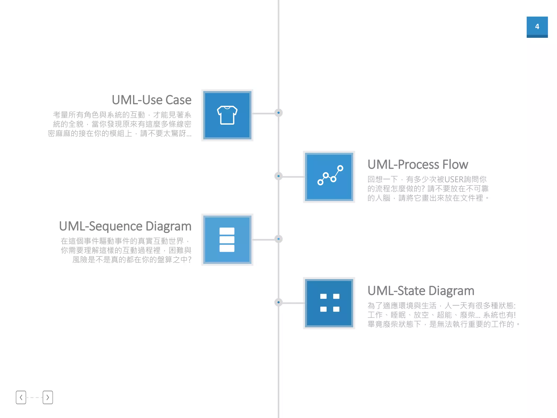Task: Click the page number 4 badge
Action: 537,27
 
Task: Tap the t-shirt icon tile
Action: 227,115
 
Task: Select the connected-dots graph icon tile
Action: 329,177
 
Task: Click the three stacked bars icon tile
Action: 227,239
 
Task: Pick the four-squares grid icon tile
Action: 329,303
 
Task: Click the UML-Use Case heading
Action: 151,100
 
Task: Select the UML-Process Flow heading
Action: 417,164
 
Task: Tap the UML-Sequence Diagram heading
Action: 125,226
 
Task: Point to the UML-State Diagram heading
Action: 421,291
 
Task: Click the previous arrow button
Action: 21,397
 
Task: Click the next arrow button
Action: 48,397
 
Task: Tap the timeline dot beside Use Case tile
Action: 278,113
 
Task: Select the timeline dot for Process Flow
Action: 278,176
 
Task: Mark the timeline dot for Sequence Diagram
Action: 278,239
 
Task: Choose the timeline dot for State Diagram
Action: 278,302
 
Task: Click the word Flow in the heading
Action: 455,164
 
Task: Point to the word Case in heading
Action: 178,100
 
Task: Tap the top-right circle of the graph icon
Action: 340,168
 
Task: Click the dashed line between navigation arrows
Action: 34,398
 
